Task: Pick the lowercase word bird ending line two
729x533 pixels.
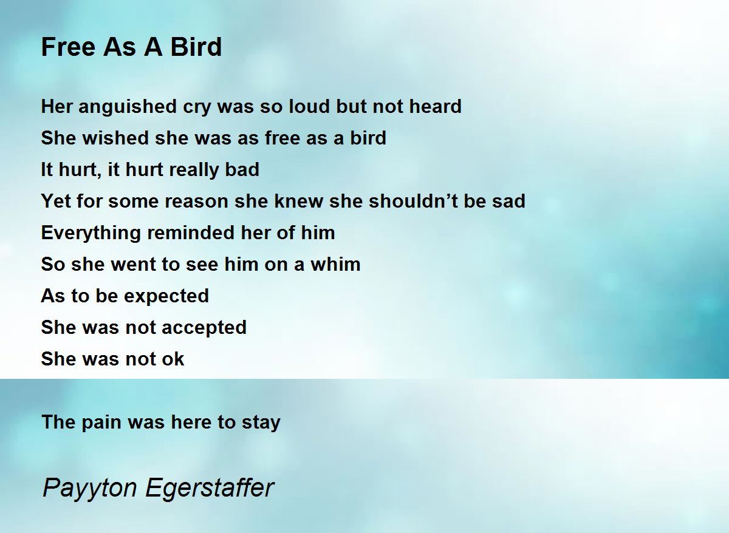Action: tap(368, 138)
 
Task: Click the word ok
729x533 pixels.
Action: tap(172, 359)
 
